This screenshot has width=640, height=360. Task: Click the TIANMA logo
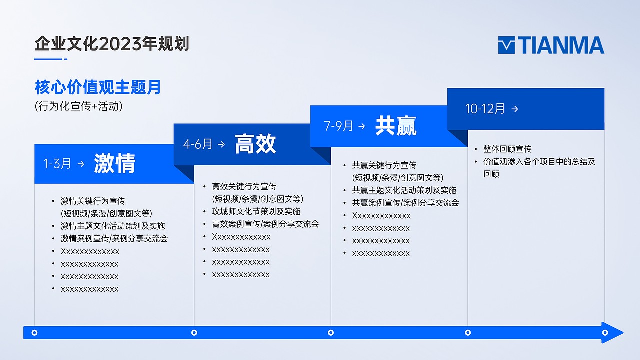pyautogui.click(x=551, y=45)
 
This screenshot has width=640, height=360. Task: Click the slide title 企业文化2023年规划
pyautogui.click(x=112, y=44)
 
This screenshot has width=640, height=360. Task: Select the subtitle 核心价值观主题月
pyautogui.click(x=98, y=87)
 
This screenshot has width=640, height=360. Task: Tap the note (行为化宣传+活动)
pyautogui.click(x=79, y=106)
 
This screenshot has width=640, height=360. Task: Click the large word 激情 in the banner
pyautogui.click(x=115, y=163)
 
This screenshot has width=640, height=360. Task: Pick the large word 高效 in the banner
pyautogui.click(x=255, y=144)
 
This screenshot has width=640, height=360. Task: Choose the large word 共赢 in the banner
pyautogui.click(x=396, y=126)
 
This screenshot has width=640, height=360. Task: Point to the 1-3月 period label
pyautogui.click(x=57, y=164)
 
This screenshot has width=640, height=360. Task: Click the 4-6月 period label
pyautogui.click(x=198, y=144)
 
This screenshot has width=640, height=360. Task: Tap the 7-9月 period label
pyautogui.click(x=339, y=126)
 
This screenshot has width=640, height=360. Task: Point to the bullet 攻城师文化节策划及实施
pyautogui.click(x=256, y=211)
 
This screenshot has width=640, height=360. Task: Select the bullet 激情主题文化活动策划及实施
pyautogui.click(x=113, y=226)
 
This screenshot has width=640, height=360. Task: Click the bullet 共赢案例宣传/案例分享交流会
pyautogui.click(x=405, y=203)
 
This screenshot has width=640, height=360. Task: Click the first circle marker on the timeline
pyautogui.click(x=34, y=332)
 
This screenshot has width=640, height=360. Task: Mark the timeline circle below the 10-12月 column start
pyautogui.click(x=468, y=332)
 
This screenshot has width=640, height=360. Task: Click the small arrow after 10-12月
pyautogui.click(x=515, y=109)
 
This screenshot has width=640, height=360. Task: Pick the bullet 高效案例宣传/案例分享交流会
pyautogui.click(x=265, y=224)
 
